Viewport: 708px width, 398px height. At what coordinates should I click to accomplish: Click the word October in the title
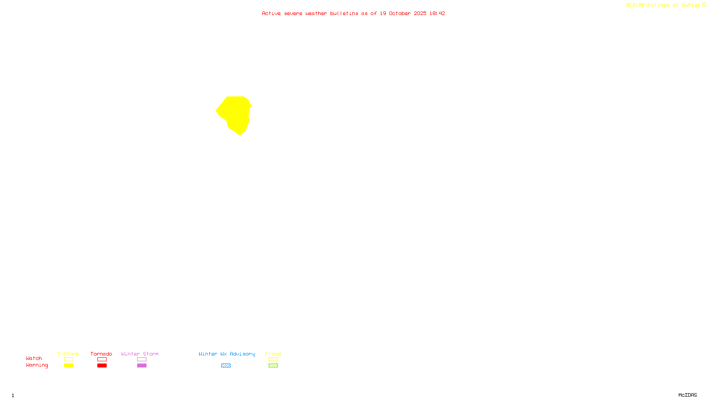(400, 13)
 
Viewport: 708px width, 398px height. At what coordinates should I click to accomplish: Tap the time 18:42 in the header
(437, 13)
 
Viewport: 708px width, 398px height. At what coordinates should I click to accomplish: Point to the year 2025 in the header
(420, 13)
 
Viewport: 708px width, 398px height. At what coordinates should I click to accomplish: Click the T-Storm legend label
(68, 354)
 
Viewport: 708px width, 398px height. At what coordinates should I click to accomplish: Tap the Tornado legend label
(101, 354)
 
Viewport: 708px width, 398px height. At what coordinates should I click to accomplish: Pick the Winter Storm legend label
(140, 354)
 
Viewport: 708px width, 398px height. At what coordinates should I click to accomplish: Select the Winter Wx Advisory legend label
(227, 354)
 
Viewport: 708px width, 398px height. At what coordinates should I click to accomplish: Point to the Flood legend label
(273, 354)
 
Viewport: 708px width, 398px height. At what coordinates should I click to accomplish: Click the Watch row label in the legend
(34, 358)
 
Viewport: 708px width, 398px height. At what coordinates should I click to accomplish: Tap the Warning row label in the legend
(37, 365)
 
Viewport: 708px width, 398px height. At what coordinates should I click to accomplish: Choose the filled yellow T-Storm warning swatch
(69, 366)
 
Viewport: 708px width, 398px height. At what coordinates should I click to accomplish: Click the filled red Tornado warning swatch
(102, 366)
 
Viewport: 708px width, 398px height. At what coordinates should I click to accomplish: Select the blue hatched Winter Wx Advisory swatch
(226, 366)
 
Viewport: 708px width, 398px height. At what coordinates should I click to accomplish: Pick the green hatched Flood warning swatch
(273, 366)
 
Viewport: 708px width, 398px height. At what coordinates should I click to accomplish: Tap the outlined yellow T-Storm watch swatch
(69, 360)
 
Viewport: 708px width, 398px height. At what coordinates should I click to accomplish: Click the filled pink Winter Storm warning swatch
(142, 366)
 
